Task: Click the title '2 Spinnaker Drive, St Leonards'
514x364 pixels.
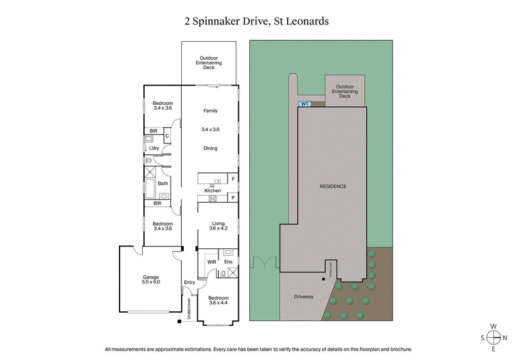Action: (x=257, y=21)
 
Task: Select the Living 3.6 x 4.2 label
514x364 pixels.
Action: (x=217, y=226)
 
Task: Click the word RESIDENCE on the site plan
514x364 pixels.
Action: (x=333, y=187)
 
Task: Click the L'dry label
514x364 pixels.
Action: (x=154, y=149)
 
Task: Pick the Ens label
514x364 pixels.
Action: (x=227, y=262)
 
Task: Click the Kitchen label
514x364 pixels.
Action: (x=213, y=191)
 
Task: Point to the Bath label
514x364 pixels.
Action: (x=163, y=183)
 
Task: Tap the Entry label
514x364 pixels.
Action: (x=189, y=282)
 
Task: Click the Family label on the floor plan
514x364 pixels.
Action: (x=211, y=111)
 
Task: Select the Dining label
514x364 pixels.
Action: (x=211, y=149)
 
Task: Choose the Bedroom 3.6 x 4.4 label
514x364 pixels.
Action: (x=219, y=301)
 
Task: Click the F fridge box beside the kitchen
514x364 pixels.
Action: (x=233, y=178)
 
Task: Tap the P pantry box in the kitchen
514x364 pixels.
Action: (x=233, y=198)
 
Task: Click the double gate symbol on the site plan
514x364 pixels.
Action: (x=263, y=264)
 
